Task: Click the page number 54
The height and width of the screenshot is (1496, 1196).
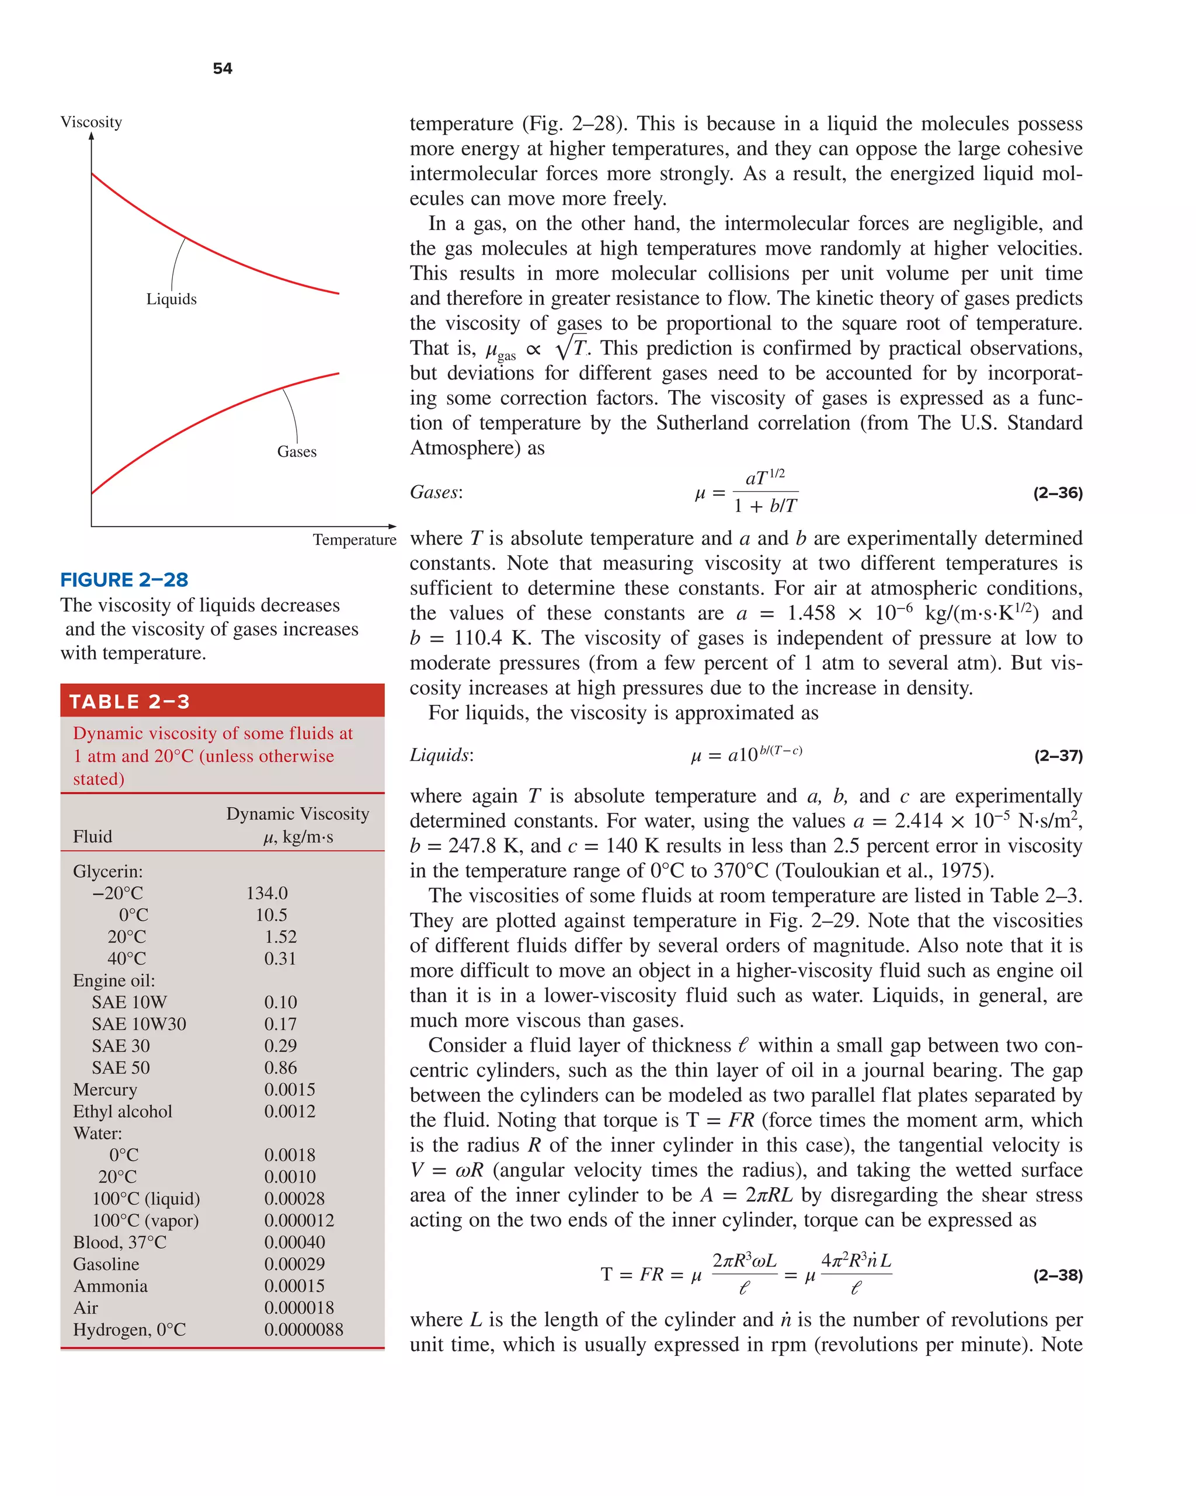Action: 222,68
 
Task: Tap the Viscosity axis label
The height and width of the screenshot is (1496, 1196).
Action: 91,122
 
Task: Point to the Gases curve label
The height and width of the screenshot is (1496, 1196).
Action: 297,452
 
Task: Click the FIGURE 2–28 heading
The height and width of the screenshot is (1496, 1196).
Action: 124,579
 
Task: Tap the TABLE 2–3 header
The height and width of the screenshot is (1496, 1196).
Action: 129,701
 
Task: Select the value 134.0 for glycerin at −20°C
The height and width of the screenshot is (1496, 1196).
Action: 266,893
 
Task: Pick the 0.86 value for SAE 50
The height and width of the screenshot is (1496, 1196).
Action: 280,1067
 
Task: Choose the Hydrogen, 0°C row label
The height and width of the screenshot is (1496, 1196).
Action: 129,1330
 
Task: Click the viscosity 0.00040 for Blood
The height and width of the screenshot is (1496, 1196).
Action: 294,1242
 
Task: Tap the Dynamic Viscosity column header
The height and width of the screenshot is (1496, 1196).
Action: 297,813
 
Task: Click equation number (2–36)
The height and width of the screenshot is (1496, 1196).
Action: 1057,493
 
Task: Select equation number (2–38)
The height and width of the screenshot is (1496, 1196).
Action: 1057,1275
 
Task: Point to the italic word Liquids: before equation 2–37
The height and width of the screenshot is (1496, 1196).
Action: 441,755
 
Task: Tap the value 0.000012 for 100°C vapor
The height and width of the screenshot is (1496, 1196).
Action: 298,1220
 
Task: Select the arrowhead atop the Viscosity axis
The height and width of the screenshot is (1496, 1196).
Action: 92,136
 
